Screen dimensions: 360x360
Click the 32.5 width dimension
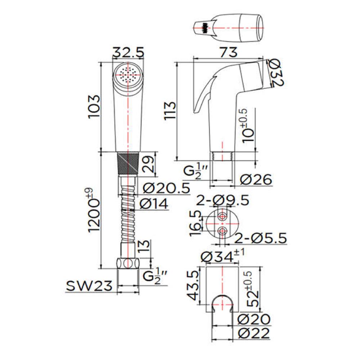(x=128, y=52)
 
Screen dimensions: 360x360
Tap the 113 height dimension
(x=170, y=111)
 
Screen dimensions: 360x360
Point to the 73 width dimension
(x=228, y=52)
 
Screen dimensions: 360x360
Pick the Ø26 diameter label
(x=256, y=179)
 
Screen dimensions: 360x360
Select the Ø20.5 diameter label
(x=166, y=188)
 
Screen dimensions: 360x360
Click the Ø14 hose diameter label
(x=154, y=204)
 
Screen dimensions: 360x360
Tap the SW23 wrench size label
(x=89, y=286)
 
